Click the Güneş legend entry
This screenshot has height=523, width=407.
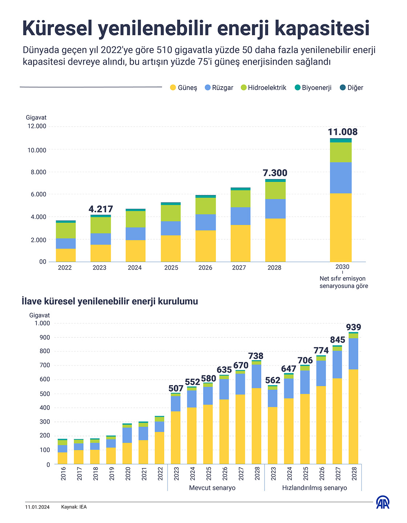(x=184, y=88)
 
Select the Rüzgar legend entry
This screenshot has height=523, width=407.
(x=219, y=88)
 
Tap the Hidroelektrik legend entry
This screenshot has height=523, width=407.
(x=263, y=88)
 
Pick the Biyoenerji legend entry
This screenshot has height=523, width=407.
(x=313, y=88)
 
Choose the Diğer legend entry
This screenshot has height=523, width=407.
(x=351, y=88)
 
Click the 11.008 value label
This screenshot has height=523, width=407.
(x=343, y=132)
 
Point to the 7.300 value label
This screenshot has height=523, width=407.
(x=275, y=173)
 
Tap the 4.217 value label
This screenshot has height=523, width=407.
(x=101, y=209)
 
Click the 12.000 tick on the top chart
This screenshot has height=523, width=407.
(x=37, y=126)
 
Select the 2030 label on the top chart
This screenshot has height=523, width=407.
(x=342, y=267)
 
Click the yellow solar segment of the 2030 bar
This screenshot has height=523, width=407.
(x=340, y=227)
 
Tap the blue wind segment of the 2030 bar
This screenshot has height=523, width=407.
(x=340, y=177)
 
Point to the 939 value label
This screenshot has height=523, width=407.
(x=353, y=327)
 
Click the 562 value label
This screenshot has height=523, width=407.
(x=273, y=380)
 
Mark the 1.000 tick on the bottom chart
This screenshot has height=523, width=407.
(x=42, y=323)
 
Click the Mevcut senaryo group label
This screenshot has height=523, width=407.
(x=212, y=488)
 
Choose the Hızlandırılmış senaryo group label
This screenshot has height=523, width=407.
(x=314, y=488)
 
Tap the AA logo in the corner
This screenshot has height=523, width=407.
(x=383, y=503)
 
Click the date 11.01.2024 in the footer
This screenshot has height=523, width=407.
(x=37, y=507)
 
